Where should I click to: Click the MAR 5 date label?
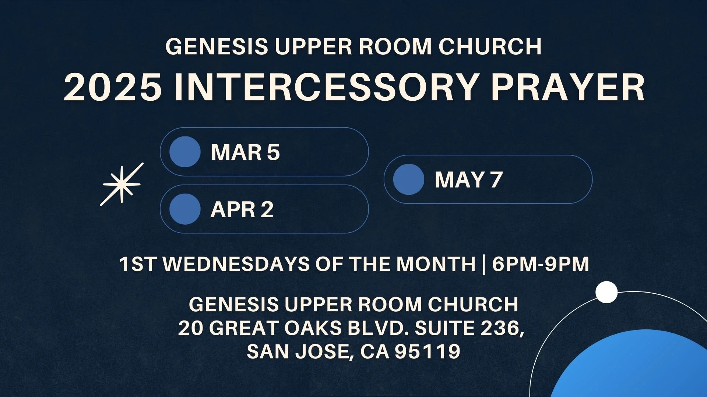click(245, 152)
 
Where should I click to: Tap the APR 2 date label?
click(242, 210)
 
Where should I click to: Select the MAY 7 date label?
click(468, 179)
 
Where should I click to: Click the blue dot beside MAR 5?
click(185, 152)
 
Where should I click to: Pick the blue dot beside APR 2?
click(185, 209)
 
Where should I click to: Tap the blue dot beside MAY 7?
click(409, 179)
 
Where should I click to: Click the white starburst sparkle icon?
click(122, 184)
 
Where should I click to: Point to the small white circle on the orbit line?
click(606, 292)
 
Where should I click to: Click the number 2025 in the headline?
click(113, 87)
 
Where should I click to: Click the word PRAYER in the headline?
click(567, 87)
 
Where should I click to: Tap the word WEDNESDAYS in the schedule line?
click(236, 264)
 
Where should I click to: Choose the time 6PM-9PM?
click(540, 264)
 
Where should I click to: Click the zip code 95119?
click(428, 351)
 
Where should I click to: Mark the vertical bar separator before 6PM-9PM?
click(483, 264)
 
